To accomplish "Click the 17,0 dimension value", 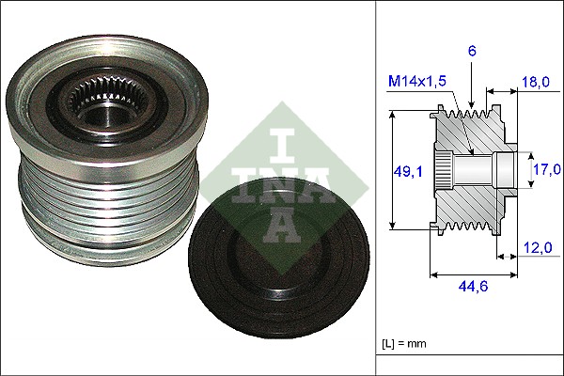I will coord(545,170).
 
